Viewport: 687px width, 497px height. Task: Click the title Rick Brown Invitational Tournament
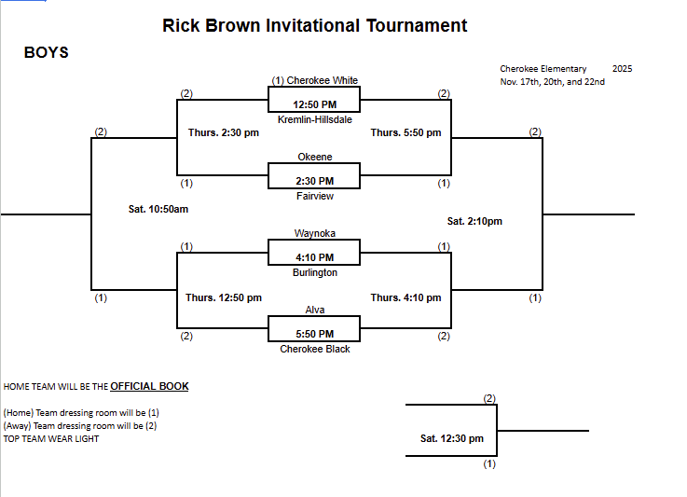tap(315, 26)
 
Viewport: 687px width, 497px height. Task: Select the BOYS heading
tap(46, 53)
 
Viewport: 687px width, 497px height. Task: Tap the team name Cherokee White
tap(322, 80)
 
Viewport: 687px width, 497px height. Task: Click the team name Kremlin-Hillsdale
tap(314, 120)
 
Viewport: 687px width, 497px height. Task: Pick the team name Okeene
tap(314, 157)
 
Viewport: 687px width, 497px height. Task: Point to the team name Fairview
tap(314, 197)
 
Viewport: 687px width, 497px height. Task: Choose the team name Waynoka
tap(314, 233)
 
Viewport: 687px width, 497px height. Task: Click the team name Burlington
tap(314, 273)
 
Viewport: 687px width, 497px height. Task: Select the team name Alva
tap(314, 310)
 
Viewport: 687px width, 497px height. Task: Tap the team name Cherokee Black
tap(314, 349)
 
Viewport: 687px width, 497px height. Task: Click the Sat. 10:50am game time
tap(158, 209)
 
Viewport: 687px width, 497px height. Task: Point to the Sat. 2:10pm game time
tap(474, 221)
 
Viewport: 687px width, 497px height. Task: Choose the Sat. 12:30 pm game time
tap(452, 438)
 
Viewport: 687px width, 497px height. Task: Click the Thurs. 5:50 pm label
tap(405, 133)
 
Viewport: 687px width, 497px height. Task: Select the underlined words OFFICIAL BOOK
tap(149, 386)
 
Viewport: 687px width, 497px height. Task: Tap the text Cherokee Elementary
tap(543, 69)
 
